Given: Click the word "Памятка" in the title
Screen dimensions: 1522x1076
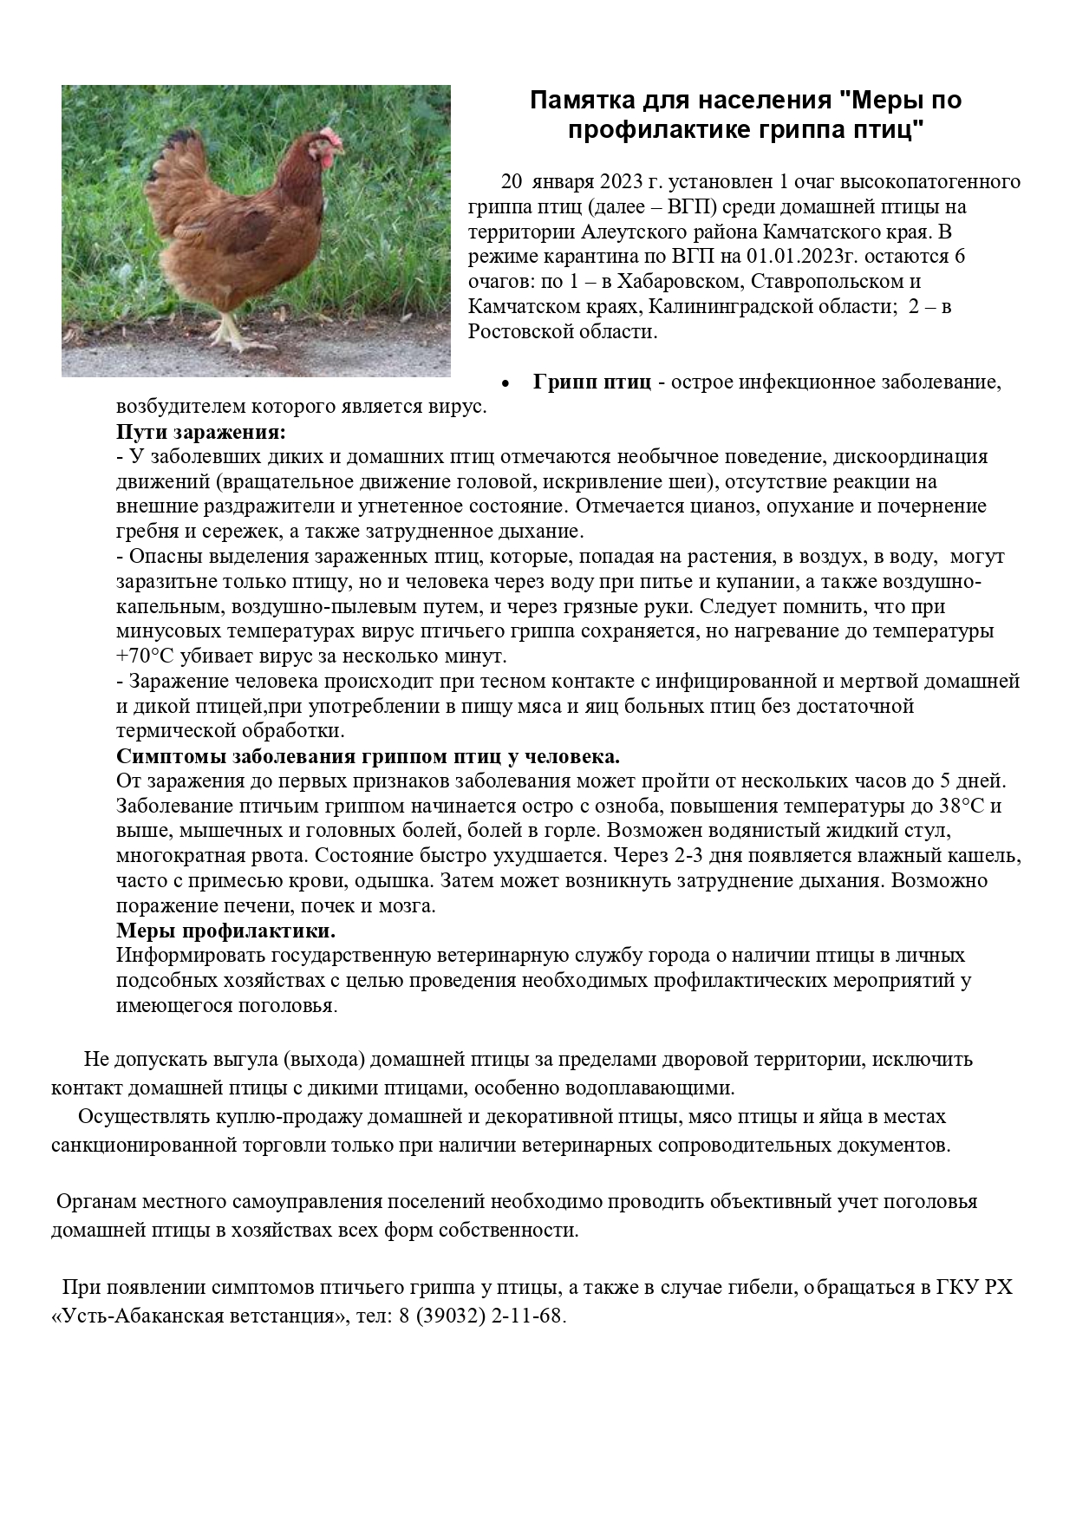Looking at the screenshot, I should pyautogui.click(x=580, y=100).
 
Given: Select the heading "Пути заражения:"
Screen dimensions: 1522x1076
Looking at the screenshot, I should pyautogui.click(x=201, y=432).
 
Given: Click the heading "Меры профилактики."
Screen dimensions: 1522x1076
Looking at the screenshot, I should pyautogui.click(x=225, y=931).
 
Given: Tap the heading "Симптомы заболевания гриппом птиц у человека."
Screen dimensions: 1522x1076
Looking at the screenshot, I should pyautogui.click(x=368, y=754).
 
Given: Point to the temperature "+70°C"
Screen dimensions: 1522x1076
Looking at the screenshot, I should pyautogui.click(x=145, y=656).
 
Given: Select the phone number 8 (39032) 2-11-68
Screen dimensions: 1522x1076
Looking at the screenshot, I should pyautogui.click(x=480, y=1315).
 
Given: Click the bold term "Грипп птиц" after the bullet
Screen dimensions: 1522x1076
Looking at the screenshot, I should pyautogui.click(x=591, y=382).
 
